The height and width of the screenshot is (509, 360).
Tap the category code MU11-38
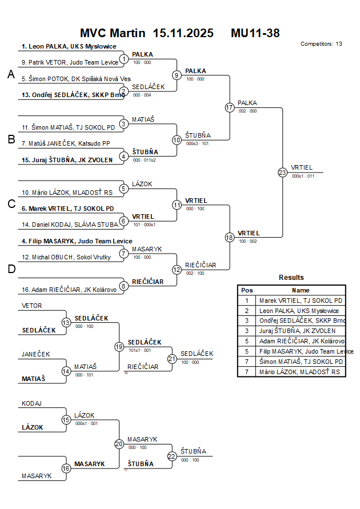[x=255, y=33]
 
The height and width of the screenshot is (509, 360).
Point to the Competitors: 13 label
[x=321, y=44]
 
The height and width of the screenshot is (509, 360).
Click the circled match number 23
[x=282, y=172]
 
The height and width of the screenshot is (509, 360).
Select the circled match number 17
[x=230, y=107]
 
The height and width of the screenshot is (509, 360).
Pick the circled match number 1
[x=124, y=59]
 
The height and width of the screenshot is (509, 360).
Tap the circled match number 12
[x=177, y=269]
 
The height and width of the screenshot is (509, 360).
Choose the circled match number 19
[x=119, y=346]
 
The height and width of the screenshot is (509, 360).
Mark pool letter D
[x=11, y=270]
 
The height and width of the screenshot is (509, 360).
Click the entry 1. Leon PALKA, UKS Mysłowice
[x=69, y=46]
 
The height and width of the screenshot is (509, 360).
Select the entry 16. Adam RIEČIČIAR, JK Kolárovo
[x=69, y=290]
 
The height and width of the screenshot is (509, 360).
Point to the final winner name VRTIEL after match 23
[x=302, y=167]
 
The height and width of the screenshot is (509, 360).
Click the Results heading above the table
[x=291, y=278]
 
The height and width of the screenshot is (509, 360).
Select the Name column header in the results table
[x=301, y=290]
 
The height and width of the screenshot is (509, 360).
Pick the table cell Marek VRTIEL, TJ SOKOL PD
[x=301, y=300]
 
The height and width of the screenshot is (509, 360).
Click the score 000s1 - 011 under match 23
[x=303, y=177]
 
